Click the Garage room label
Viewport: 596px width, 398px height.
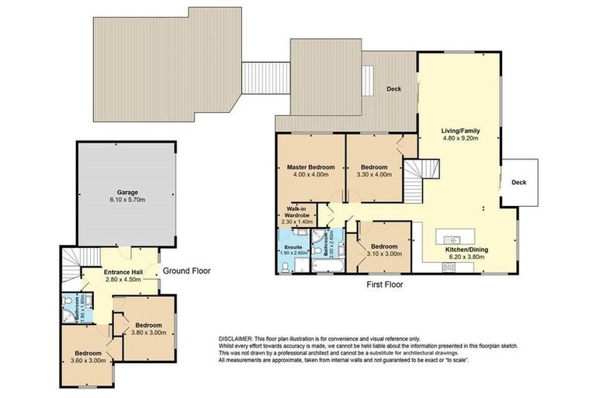[x=127, y=190]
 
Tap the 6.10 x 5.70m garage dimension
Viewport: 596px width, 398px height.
[x=127, y=200]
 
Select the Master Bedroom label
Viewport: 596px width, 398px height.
[x=310, y=167]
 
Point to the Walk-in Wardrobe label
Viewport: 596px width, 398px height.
[x=296, y=212]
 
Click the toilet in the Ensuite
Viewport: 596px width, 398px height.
[x=286, y=267]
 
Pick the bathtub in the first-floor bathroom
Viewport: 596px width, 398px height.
[x=321, y=268]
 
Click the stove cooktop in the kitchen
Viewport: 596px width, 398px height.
[x=449, y=267]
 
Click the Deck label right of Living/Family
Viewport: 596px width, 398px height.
[x=518, y=182]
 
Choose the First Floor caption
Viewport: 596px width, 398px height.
[x=384, y=285]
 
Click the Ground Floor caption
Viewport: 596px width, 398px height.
[x=187, y=271]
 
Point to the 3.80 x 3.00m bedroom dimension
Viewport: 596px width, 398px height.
[x=147, y=333]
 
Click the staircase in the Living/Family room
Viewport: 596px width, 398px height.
[x=417, y=169]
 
